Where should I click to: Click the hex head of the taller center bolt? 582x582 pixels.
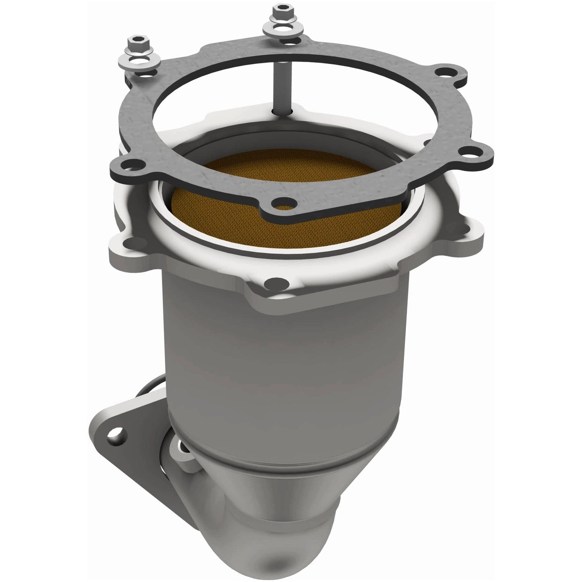(279, 10)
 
